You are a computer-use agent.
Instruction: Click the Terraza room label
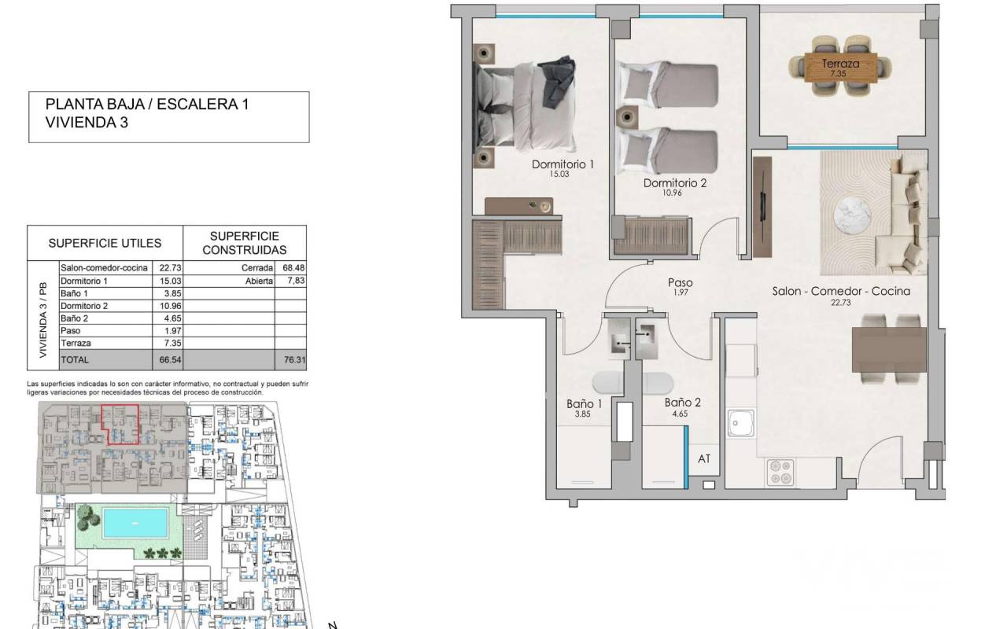[x=840, y=64]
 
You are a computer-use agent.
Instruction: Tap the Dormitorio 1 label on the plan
[x=563, y=164]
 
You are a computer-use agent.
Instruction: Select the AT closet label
[x=704, y=458]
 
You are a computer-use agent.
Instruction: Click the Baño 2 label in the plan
[x=682, y=403]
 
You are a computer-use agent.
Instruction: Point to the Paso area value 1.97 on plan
[x=680, y=292]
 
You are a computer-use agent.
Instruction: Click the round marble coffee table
[x=853, y=215]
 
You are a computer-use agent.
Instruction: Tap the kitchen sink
[x=741, y=423]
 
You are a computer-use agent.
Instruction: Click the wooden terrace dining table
[x=841, y=68]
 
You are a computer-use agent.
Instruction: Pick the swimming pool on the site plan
[x=135, y=523]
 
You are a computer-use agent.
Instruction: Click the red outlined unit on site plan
[x=120, y=424]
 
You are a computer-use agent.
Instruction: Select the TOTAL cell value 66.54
[x=170, y=360]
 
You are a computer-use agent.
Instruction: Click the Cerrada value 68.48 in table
[x=293, y=268]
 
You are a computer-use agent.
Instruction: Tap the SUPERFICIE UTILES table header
[x=105, y=244]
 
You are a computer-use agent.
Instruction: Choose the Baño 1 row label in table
[x=74, y=293]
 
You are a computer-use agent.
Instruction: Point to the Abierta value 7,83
[x=295, y=281]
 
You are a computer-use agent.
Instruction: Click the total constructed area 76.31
[x=294, y=360]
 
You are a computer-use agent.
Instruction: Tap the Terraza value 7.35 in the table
[x=170, y=344]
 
